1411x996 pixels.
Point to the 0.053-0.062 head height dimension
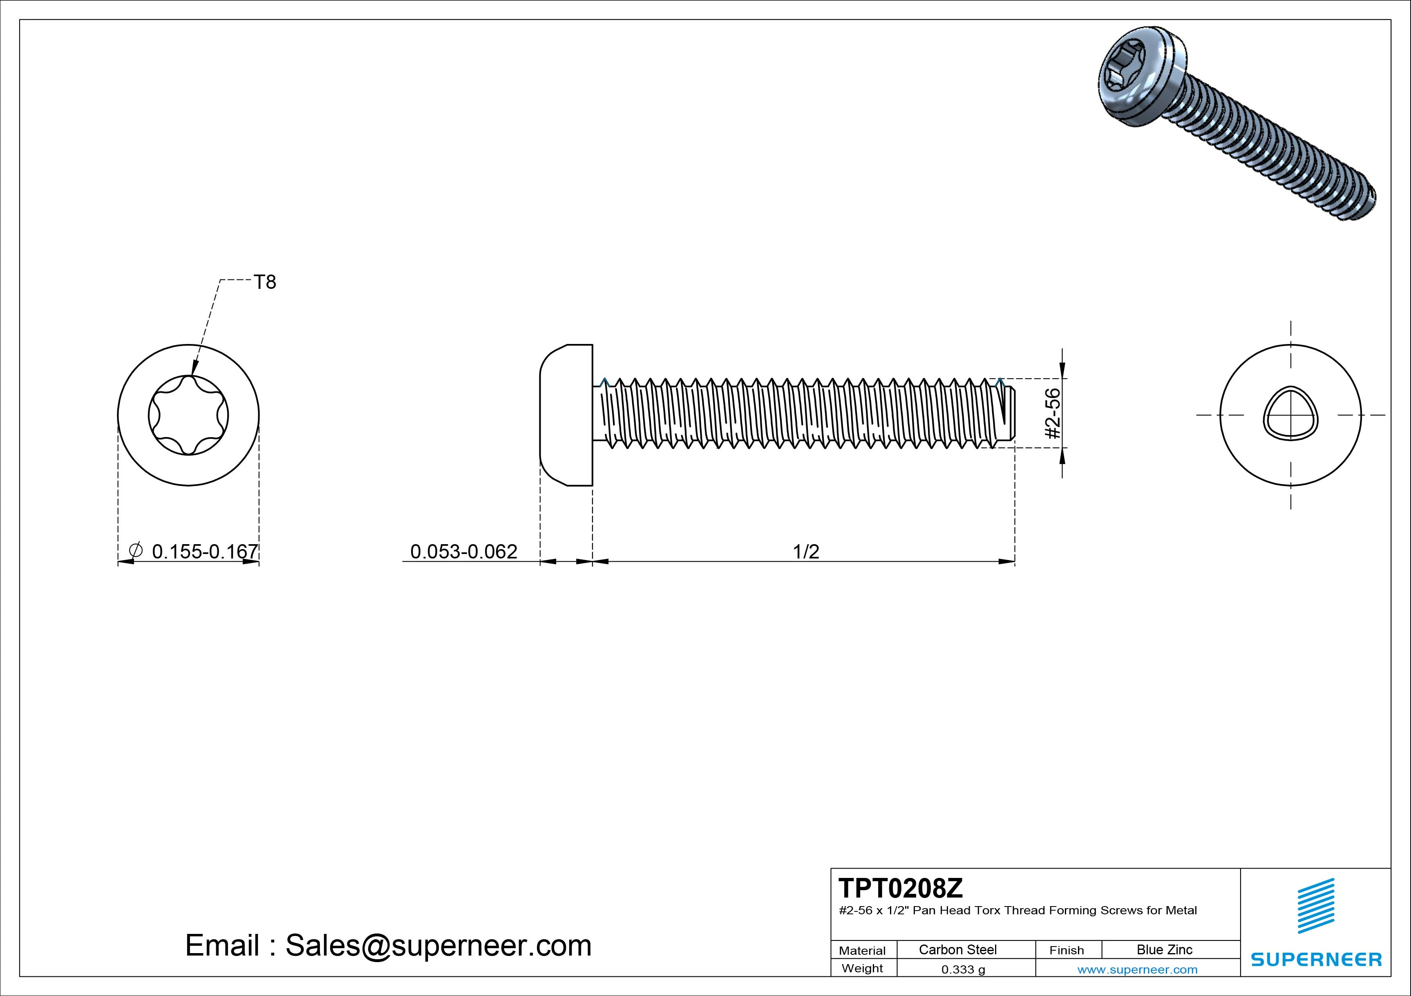click(x=463, y=551)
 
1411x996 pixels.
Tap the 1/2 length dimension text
click(x=806, y=551)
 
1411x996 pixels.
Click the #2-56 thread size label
click(x=1053, y=413)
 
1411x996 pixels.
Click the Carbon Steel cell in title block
click(x=957, y=949)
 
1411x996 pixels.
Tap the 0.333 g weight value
click(x=963, y=969)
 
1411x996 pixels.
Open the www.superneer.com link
click(x=1137, y=969)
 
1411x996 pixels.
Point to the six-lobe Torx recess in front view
click(x=189, y=415)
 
